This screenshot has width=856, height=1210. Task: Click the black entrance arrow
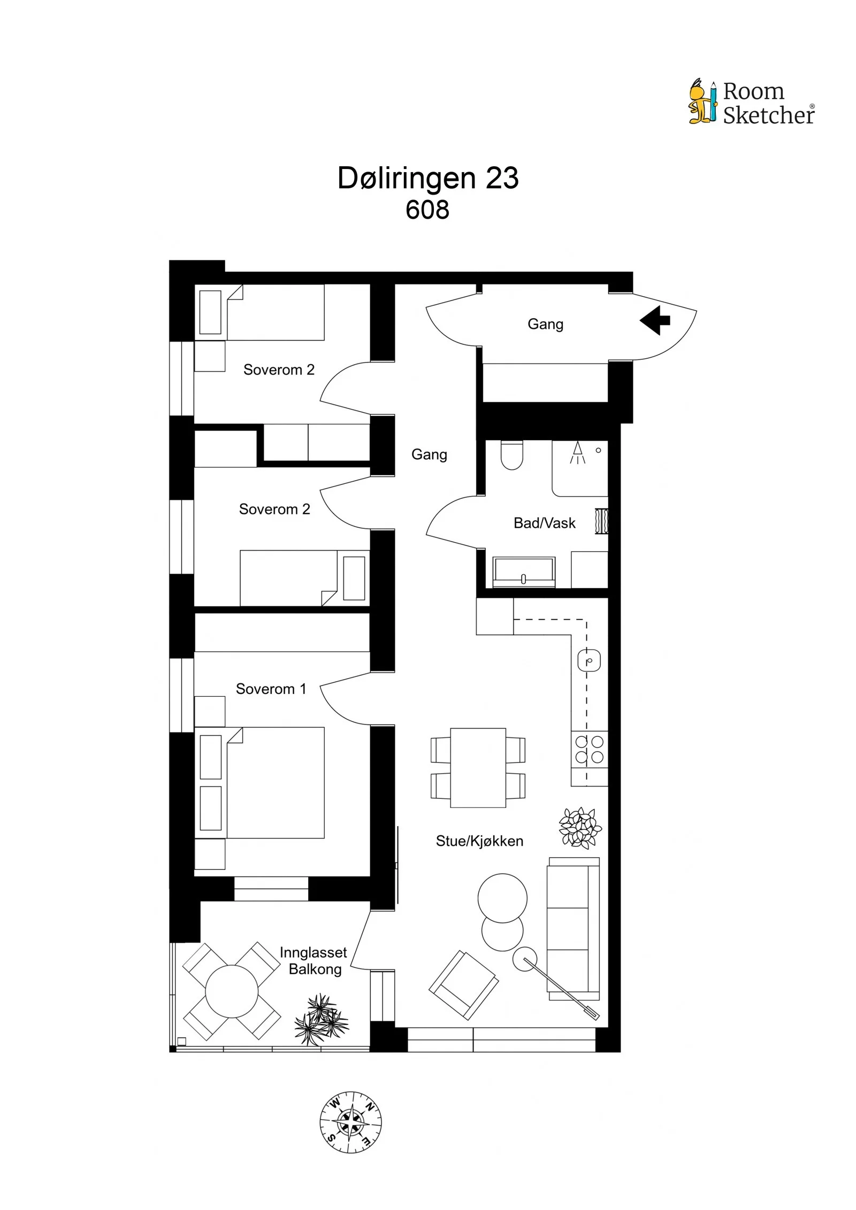(654, 320)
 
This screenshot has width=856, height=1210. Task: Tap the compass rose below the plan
(350, 1122)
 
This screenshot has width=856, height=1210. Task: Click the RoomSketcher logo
(751, 102)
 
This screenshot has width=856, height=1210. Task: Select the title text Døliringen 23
(428, 178)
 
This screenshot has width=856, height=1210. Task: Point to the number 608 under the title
(427, 210)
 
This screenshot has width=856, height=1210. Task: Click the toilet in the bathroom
(511, 455)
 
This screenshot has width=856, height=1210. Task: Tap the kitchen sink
(589, 661)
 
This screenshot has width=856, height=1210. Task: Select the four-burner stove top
(590, 749)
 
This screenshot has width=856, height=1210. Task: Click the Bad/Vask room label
(544, 523)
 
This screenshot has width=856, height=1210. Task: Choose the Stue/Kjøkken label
(479, 841)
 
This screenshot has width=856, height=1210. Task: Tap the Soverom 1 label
(271, 689)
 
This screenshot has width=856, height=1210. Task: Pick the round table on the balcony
(232, 991)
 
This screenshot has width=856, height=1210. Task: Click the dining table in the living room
(478, 768)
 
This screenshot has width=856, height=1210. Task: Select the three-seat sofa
(573, 929)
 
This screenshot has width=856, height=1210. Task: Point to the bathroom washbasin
(524, 572)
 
